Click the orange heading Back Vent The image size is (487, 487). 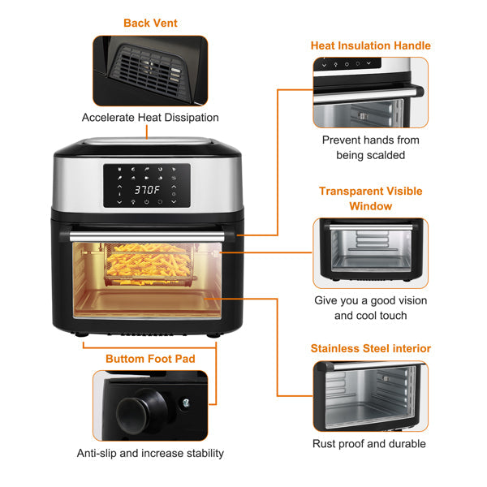pos(150,23)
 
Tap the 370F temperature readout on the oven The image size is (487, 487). pos(147,189)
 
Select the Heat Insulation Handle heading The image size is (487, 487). pos(370,45)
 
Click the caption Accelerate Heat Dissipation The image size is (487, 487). pos(150,118)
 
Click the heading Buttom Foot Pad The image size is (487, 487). pos(150,358)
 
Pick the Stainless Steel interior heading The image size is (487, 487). pos(370,348)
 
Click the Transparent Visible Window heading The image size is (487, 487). pos(370,199)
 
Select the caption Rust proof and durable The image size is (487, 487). pos(369,444)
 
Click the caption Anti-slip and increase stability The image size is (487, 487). pos(150,453)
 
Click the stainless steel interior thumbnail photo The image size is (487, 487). pos(370,396)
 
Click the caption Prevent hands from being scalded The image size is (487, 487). pos(370,147)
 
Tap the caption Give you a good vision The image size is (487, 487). pos(370,300)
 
